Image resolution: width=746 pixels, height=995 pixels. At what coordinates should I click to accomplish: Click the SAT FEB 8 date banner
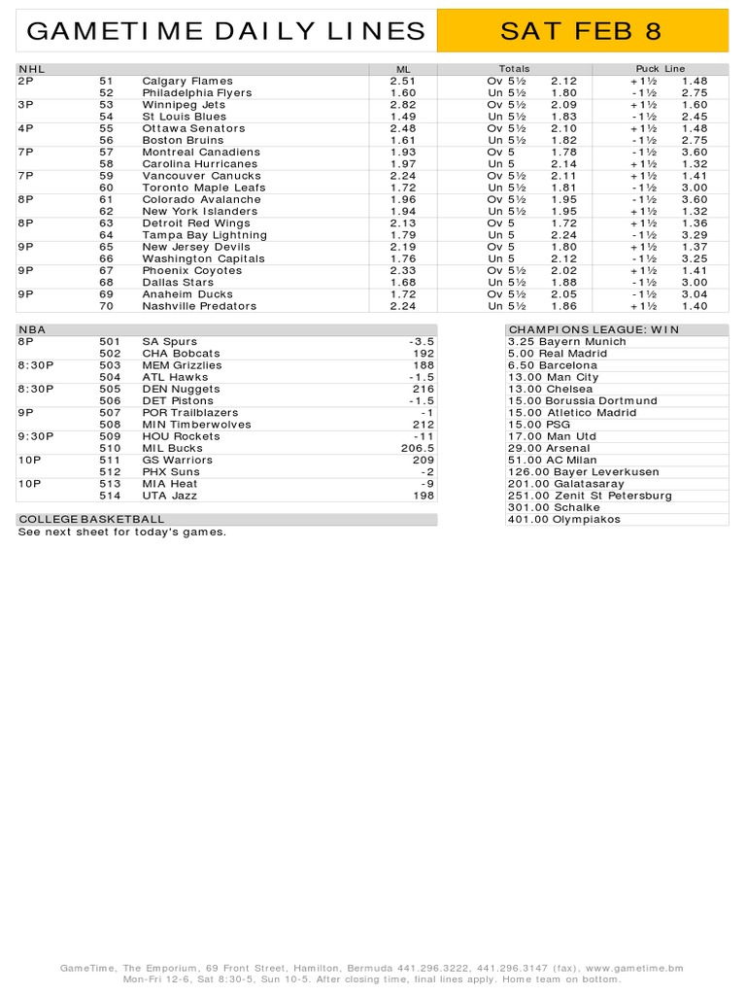(581, 32)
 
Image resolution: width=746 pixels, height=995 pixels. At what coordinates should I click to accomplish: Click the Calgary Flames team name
(187, 81)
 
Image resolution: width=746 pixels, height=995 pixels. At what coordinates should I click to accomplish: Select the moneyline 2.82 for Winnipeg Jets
(403, 104)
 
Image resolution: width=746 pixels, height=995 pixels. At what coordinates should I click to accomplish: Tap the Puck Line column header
(660, 69)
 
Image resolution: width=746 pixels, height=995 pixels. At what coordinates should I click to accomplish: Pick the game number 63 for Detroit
(107, 223)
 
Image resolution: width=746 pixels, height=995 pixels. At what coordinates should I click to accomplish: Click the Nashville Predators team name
(199, 305)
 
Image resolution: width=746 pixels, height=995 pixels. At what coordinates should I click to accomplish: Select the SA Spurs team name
(169, 342)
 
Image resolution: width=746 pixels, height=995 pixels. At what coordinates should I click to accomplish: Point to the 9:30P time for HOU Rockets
(36, 436)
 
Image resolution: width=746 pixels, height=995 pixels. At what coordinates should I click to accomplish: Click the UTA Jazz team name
(169, 496)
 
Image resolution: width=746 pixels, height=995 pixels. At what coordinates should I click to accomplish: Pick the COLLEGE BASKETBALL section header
(91, 519)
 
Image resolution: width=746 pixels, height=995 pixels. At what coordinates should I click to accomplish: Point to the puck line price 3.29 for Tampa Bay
(695, 234)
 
